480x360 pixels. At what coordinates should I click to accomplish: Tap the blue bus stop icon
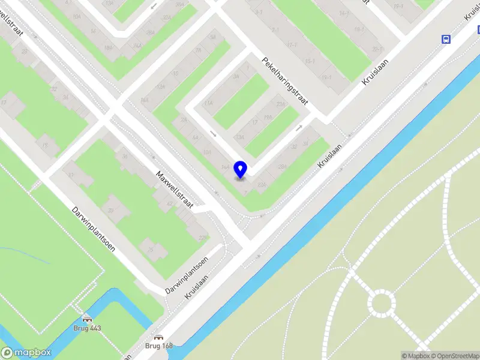click(446, 39)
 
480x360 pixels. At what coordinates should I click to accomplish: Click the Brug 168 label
click(158, 346)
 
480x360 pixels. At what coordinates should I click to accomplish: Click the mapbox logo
click(26, 353)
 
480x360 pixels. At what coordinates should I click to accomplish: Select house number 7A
click(197, 51)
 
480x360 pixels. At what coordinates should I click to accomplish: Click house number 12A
click(160, 88)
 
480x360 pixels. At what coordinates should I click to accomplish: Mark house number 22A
click(167, 19)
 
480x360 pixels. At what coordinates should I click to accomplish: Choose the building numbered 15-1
click(310, 61)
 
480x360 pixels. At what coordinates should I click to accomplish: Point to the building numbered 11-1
click(292, 45)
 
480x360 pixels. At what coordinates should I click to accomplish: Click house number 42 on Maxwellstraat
click(170, 205)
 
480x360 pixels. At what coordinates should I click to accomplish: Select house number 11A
click(208, 103)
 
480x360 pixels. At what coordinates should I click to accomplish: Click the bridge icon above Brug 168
click(158, 337)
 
